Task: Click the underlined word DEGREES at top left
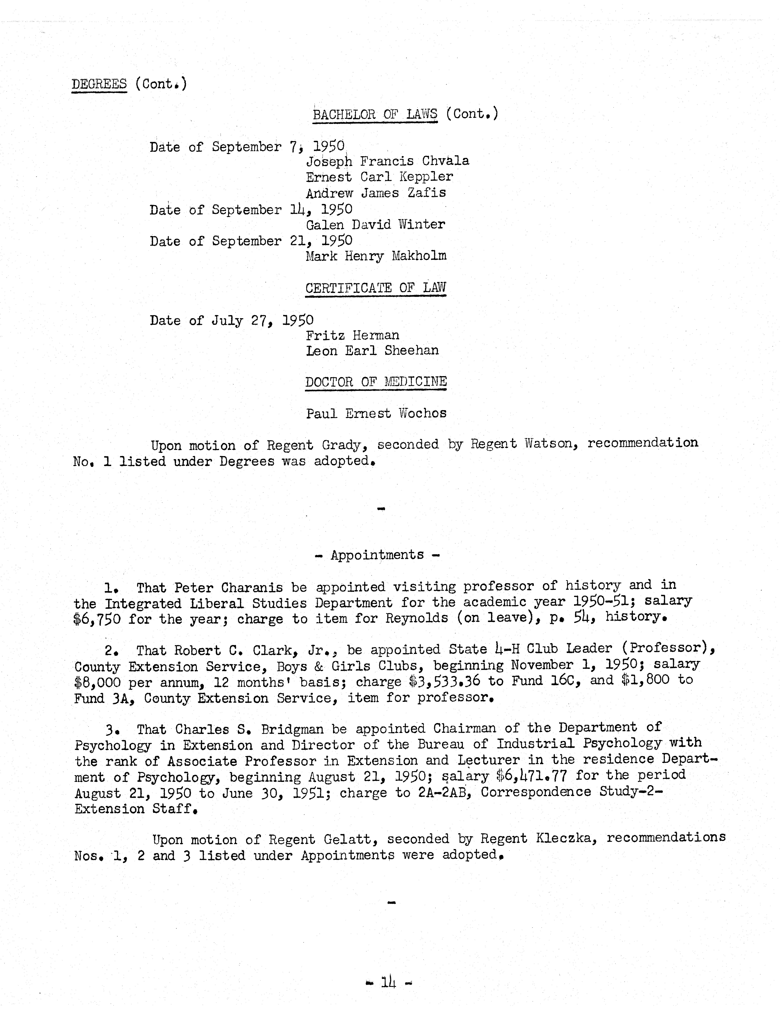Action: (x=99, y=84)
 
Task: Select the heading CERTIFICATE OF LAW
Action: (x=375, y=288)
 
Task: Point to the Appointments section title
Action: (x=377, y=555)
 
